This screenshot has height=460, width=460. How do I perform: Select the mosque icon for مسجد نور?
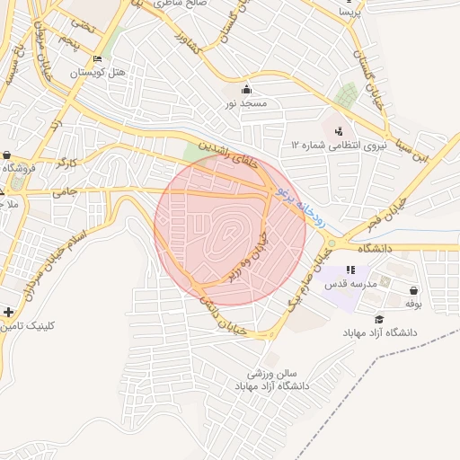coord(247,89)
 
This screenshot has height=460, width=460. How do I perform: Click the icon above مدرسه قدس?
coord(351,269)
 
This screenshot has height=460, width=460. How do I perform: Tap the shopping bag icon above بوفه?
coord(413,291)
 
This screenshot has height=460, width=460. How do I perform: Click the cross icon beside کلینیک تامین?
coord(9,312)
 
